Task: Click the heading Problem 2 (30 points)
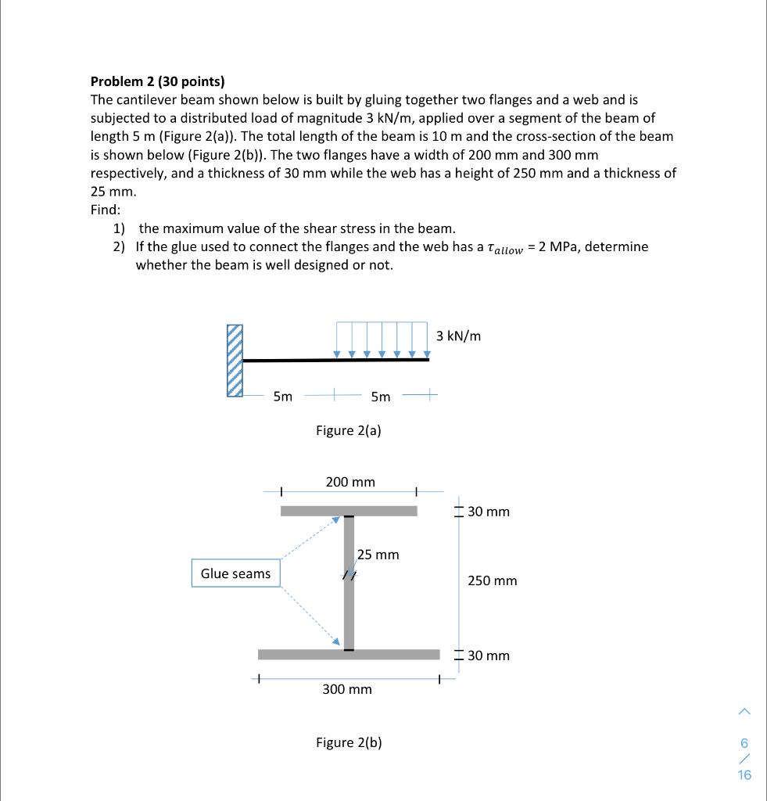coord(157,81)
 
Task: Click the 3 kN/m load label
coord(459,336)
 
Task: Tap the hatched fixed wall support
coord(235,361)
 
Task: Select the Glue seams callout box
coord(235,573)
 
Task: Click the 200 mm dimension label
coord(350,482)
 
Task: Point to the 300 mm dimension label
coord(347,689)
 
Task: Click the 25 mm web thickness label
coord(378,555)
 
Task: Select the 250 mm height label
coord(492,581)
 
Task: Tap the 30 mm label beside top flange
coord(488,512)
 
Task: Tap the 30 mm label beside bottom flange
coord(488,656)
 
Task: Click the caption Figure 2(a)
coord(348,430)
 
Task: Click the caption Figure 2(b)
coord(349,742)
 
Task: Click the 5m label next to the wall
coord(283,397)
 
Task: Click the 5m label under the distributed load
coord(380,397)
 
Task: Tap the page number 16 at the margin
coord(744,775)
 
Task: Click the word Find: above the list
coord(106,210)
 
